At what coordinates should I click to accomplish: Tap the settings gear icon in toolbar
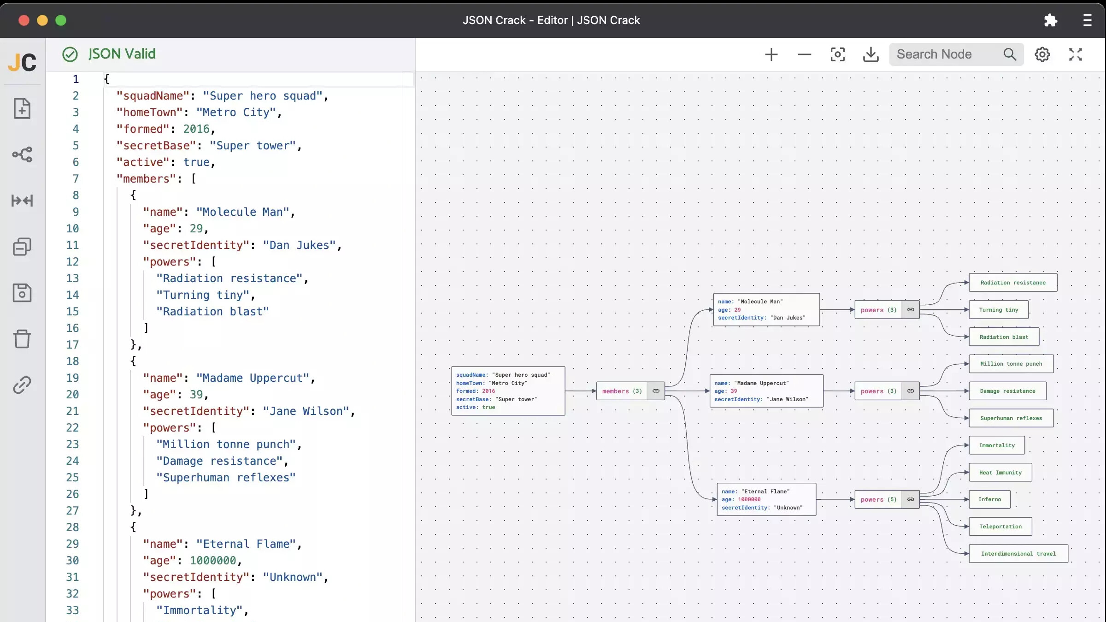1042,54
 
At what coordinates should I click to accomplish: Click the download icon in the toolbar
871,54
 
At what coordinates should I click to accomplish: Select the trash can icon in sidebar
22,339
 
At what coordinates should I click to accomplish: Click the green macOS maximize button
61,20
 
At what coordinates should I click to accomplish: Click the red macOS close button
24,20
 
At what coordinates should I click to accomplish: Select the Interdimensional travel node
1018,554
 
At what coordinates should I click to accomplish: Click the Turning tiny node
998,310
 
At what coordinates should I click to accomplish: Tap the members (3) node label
622,391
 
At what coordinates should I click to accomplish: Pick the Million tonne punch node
1011,364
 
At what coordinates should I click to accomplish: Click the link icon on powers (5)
911,499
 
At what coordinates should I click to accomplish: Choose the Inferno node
989,499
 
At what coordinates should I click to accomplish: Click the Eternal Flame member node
766,499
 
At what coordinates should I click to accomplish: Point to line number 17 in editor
72,345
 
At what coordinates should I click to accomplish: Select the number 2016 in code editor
196,129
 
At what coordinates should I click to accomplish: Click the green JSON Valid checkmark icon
70,54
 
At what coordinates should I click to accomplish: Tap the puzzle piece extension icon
1050,20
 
